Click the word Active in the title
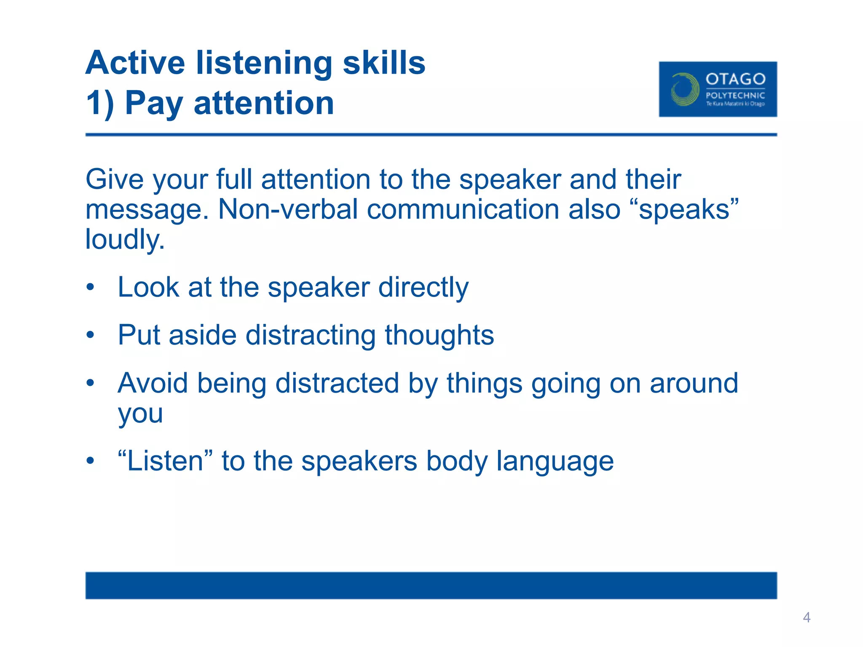click(x=135, y=63)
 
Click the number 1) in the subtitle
click(x=100, y=103)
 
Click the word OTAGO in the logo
click(x=735, y=79)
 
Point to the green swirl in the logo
click(x=683, y=89)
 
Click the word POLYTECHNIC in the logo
click(x=735, y=96)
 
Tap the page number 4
click(x=807, y=618)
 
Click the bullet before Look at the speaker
click(x=90, y=288)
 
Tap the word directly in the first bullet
click(x=423, y=288)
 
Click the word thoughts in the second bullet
click(x=439, y=335)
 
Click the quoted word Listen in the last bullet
click(x=165, y=461)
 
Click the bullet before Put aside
click(x=90, y=336)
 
